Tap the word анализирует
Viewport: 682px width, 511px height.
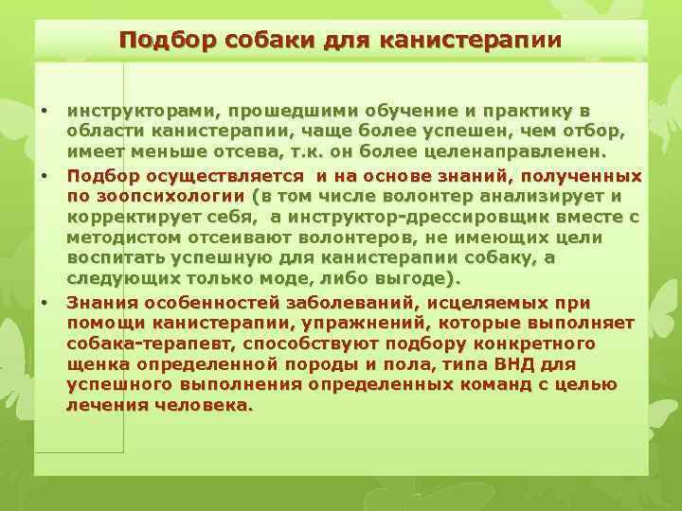533,196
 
